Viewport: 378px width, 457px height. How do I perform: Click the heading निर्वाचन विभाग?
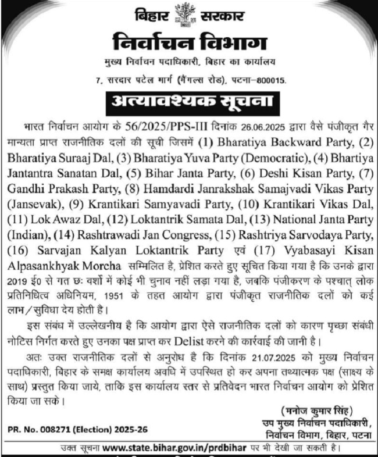coord(188,43)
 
